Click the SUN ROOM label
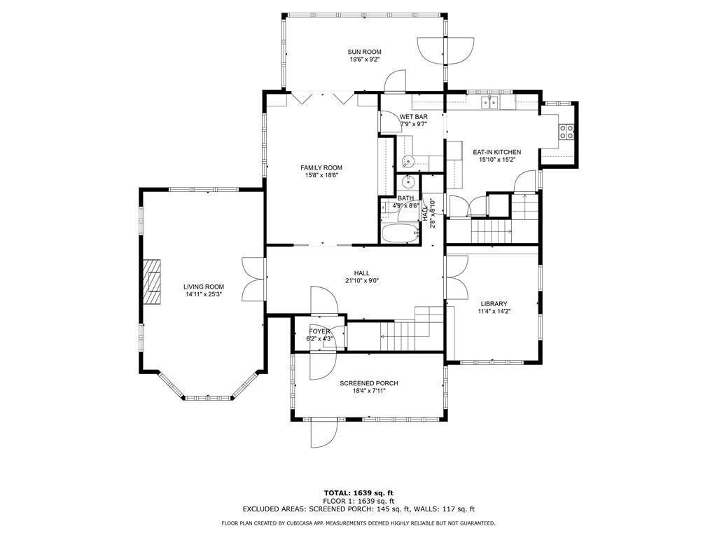point(364,52)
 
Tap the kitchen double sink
point(489,104)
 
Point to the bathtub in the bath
point(400,233)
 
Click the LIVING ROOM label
point(204,287)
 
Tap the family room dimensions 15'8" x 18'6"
point(321,176)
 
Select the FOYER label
point(319,331)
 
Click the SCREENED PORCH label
point(369,383)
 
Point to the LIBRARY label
point(494,303)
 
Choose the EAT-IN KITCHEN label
point(496,152)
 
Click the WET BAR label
point(413,117)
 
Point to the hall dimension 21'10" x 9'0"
point(361,281)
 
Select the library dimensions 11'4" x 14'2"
point(494,311)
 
